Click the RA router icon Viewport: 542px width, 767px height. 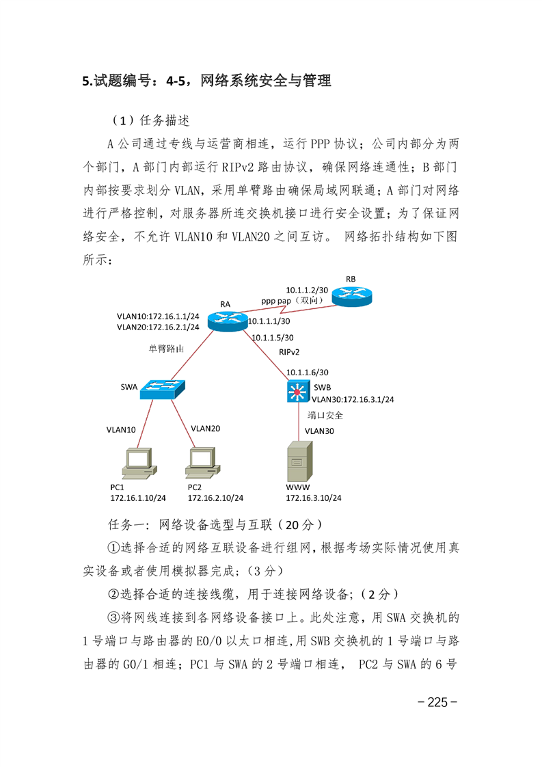pos(228,321)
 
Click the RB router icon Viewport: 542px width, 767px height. pos(352,296)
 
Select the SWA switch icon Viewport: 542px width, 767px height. pos(163,390)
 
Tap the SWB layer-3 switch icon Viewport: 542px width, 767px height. pos(298,392)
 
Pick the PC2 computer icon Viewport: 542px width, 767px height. pos(202,463)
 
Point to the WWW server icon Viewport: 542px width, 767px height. pos(299,461)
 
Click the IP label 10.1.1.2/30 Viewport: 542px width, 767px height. pos(307,290)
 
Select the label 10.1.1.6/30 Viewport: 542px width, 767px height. pos(307,373)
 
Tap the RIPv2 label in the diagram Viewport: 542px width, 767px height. pos(289,351)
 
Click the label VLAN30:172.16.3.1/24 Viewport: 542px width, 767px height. pos(353,399)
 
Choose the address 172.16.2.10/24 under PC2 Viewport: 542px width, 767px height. pos(215,498)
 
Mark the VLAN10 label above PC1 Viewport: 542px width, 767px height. pos(121,429)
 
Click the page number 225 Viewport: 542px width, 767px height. pos(437,702)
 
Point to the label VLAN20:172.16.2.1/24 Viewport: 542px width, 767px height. pos(158,327)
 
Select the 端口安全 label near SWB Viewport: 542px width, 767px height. pos(325,416)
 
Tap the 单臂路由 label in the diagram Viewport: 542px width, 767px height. pos(166,348)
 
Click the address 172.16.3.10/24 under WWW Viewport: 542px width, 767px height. pos(314,498)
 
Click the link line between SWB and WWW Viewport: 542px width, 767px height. pos(299,422)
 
